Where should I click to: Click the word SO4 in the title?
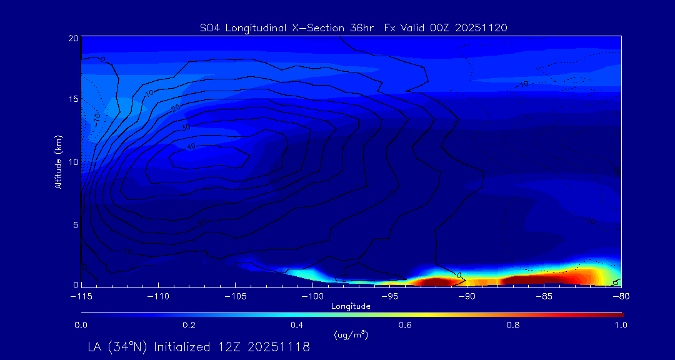click(209, 27)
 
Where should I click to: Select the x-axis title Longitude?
click(351, 306)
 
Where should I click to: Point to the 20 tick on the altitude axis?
click(73, 38)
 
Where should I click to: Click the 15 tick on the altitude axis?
click(73, 99)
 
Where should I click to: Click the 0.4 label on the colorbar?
click(297, 325)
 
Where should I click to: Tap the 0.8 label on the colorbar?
click(513, 325)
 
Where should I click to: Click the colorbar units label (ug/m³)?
click(351, 335)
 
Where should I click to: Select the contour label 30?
click(186, 127)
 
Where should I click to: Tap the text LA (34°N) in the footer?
click(117, 347)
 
